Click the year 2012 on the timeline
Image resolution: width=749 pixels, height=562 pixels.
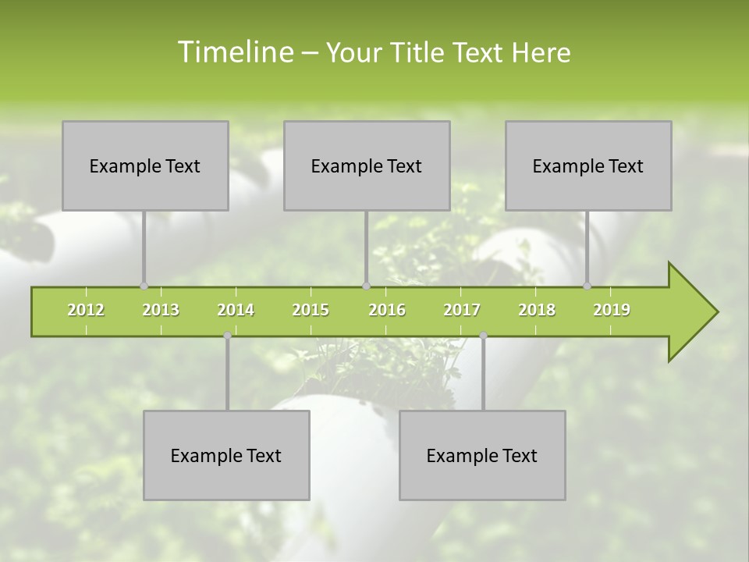[x=86, y=310]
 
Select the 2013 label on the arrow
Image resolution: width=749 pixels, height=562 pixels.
[x=161, y=310]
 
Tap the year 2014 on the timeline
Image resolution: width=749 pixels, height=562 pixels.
[x=236, y=310]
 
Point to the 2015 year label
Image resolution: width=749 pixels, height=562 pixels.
[x=311, y=310]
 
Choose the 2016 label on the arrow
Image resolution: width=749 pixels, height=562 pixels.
[x=387, y=310]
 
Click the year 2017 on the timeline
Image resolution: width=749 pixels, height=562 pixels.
[x=462, y=310]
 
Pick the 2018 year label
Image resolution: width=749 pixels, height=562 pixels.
[x=537, y=310]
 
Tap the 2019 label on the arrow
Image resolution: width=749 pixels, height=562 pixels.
[x=612, y=310]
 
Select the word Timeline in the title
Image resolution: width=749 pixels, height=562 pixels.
[x=234, y=52]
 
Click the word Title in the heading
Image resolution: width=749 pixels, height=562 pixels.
[x=420, y=52]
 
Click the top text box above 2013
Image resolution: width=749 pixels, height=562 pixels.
[x=145, y=165]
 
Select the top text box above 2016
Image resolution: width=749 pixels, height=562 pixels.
[x=367, y=165]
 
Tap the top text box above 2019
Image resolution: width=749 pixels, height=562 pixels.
[x=588, y=165]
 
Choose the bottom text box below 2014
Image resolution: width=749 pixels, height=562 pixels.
[x=226, y=455]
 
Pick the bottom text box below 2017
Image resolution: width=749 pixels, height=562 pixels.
[x=482, y=455]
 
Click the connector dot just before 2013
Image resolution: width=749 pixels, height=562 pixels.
[x=144, y=286]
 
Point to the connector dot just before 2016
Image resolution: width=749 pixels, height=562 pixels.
[x=366, y=286]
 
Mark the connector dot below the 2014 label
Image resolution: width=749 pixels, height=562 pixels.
[x=227, y=335]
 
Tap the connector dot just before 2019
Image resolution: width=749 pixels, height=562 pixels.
[x=587, y=286]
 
